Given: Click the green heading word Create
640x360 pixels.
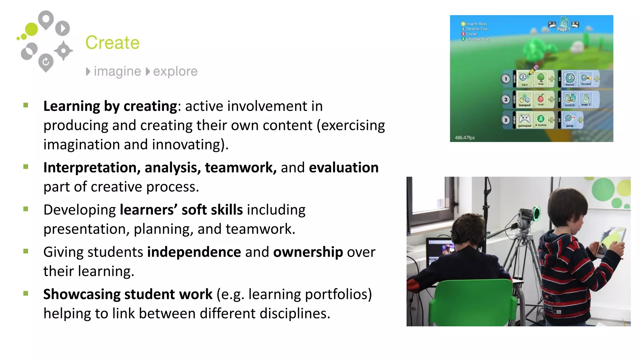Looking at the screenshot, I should click(x=112, y=43).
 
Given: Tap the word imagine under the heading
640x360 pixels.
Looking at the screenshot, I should click(x=117, y=72).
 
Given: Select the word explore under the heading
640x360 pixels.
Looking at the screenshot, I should click(x=175, y=72).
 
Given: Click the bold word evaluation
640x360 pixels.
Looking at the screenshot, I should click(x=344, y=168).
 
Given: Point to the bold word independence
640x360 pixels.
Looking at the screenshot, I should click(x=194, y=252).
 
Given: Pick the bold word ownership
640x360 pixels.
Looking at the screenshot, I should click(x=308, y=252).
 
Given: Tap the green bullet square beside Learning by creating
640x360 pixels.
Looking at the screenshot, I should click(x=26, y=105).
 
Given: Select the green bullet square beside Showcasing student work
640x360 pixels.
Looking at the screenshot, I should click(x=26, y=293).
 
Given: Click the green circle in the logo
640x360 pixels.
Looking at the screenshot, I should click(x=31, y=29).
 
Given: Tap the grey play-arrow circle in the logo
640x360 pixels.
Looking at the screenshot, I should click(x=62, y=28).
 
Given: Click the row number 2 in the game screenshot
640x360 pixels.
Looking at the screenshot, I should click(x=506, y=100).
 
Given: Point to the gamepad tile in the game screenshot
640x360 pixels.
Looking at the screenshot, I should click(x=524, y=120).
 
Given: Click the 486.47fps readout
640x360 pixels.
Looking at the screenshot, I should click(x=465, y=138).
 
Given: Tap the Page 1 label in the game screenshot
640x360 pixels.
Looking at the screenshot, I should click(x=564, y=29).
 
